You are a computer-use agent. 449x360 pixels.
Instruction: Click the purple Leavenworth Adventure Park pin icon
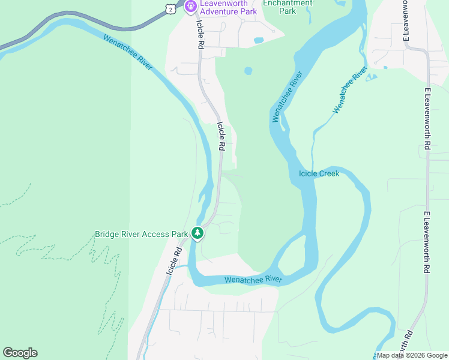pos(191,7)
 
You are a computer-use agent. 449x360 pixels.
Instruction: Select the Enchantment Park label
pos(288,7)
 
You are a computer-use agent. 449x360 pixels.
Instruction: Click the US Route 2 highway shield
pos(171,8)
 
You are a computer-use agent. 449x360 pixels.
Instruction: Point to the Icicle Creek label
pos(319,174)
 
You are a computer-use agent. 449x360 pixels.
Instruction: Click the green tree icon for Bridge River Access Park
pos(197,232)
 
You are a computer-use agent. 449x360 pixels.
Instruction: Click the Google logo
pos(20,353)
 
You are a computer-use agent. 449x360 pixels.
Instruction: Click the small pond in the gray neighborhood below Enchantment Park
pos(259,41)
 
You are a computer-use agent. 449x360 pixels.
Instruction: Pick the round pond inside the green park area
pos(249,71)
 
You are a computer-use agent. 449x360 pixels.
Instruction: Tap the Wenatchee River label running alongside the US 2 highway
pos(128,52)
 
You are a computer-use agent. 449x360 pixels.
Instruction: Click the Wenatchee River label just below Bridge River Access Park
pos(253,280)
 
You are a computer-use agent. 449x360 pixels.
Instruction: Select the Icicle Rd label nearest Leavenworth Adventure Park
pos(200,36)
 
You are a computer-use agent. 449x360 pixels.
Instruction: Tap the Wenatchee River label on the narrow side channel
pos(349,90)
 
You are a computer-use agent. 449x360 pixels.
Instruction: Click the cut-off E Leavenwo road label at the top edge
pos(406,20)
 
